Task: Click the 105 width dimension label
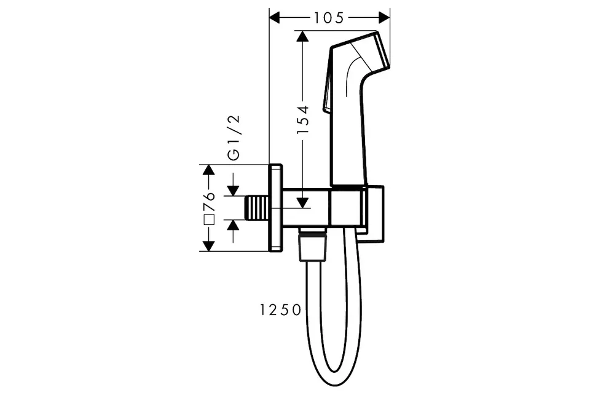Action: pyautogui.click(x=329, y=18)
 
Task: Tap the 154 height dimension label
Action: pyautogui.click(x=302, y=120)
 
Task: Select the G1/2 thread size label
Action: pyautogui.click(x=234, y=138)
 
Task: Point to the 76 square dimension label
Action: pyautogui.click(x=209, y=201)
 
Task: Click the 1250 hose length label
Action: pyautogui.click(x=281, y=310)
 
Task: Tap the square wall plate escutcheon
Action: pyautogui.click(x=276, y=208)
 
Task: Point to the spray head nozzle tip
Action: pyautogui.click(x=381, y=51)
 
